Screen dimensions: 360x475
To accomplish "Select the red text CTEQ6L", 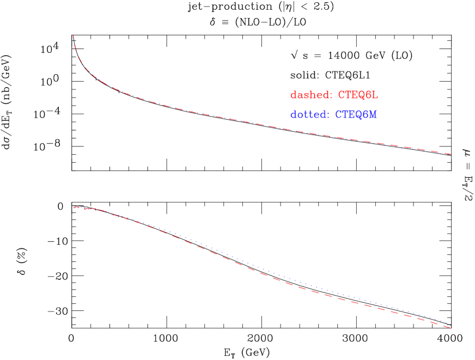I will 358,95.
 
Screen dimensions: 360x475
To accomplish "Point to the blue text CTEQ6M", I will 356,115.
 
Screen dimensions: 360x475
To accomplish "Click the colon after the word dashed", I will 330,96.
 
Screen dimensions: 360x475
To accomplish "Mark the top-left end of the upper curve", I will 74,36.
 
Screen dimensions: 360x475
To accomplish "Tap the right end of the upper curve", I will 451,154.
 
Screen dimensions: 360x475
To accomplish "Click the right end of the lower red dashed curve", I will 450,327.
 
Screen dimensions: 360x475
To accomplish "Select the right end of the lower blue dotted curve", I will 450,324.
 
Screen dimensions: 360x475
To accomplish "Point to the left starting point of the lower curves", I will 75,208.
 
